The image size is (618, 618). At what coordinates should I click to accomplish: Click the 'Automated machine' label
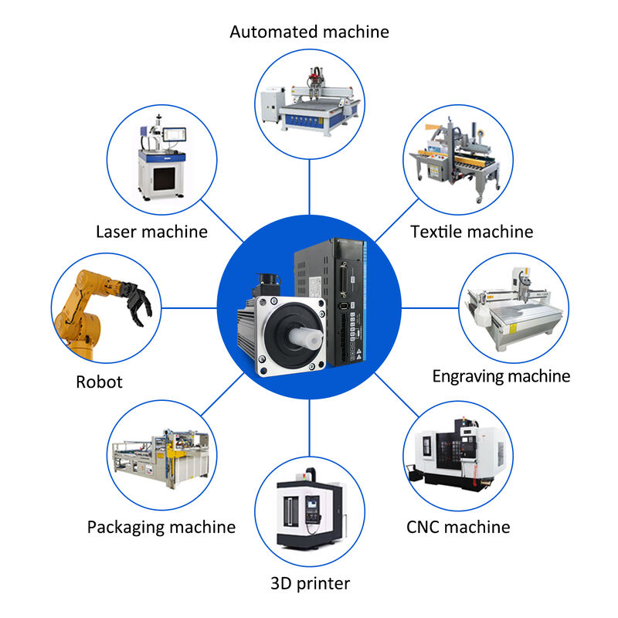309,32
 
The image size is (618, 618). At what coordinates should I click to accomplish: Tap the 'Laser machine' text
151,231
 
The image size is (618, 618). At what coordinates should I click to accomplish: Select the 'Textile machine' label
471,231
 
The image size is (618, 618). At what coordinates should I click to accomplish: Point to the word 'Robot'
99,382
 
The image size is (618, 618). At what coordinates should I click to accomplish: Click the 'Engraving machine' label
501,376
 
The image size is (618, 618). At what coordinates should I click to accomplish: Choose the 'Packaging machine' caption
161,527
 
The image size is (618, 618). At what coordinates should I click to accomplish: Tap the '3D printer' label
310,583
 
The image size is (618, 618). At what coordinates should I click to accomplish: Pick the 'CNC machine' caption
458,527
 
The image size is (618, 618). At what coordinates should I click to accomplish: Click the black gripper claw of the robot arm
137,301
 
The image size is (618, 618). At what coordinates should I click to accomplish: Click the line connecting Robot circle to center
189,308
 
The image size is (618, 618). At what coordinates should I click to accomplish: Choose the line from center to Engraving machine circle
430,308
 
